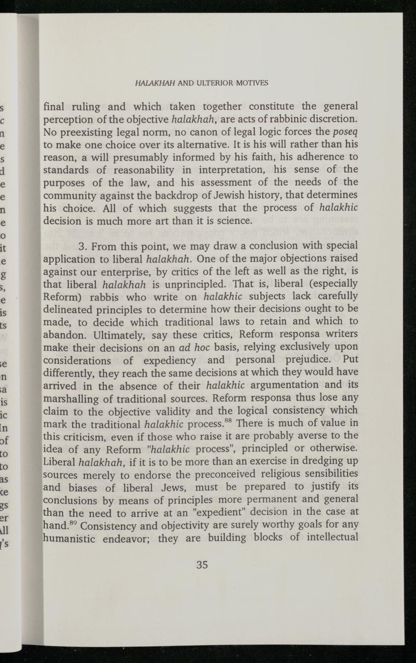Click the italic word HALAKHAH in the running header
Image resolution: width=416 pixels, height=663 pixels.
tap(155, 83)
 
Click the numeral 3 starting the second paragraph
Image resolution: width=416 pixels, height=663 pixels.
tap(82, 247)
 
